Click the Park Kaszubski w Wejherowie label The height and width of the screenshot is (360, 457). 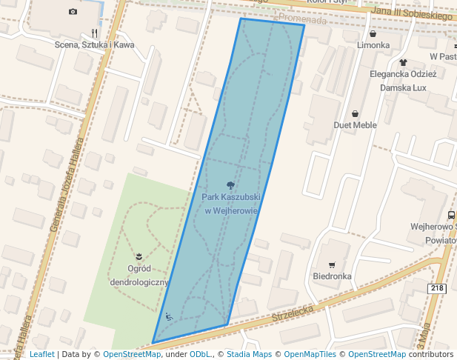pyautogui.click(x=231, y=204)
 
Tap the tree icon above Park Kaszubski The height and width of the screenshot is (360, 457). pyautogui.click(x=231, y=184)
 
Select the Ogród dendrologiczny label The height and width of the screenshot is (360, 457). pyautogui.click(x=139, y=275)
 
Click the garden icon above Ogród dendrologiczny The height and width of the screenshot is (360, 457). pyautogui.click(x=139, y=256)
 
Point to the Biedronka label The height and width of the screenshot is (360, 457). pyautogui.click(x=332, y=276)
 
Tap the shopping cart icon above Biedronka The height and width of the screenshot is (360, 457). pyautogui.click(x=332, y=264)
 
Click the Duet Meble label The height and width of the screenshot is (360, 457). pyautogui.click(x=355, y=125)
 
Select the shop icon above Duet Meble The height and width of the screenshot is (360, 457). pyautogui.click(x=356, y=113)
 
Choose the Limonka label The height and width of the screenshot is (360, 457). pyautogui.click(x=373, y=45)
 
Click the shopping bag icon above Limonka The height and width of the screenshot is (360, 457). pyautogui.click(x=373, y=33)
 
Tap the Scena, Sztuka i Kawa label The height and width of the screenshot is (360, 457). pyautogui.click(x=93, y=45)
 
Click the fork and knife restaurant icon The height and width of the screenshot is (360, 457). pyautogui.click(x=94, y=33)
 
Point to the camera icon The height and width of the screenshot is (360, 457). pyautogui.click(x=73, y=11)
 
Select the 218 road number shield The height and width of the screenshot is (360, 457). pyautogui.click(x=437, y=288)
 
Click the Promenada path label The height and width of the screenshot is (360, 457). pyautogui.click(x=303, y=20)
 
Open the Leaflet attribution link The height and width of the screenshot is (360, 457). pyautogui.click(x=41, y=354)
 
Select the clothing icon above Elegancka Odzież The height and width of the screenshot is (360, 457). pyautogui.click(x=403, y=62)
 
